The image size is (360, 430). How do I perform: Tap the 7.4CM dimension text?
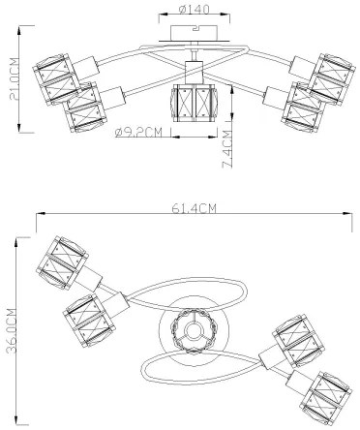[x=225, y=151]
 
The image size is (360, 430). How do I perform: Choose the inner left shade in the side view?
[x=88, y=107]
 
